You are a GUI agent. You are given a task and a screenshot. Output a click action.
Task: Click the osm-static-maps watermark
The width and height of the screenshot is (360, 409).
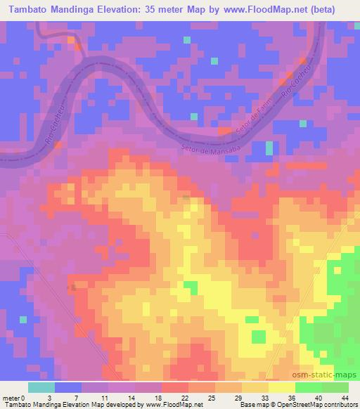pyautogui.click(x=330, y=377)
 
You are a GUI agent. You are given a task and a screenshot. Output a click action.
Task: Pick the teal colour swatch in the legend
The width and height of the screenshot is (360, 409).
pyautogui.click(x=41, y=387)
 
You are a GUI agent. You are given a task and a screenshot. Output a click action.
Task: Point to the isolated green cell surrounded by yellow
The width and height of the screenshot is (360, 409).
pyautogui.click(x=190, y=287)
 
